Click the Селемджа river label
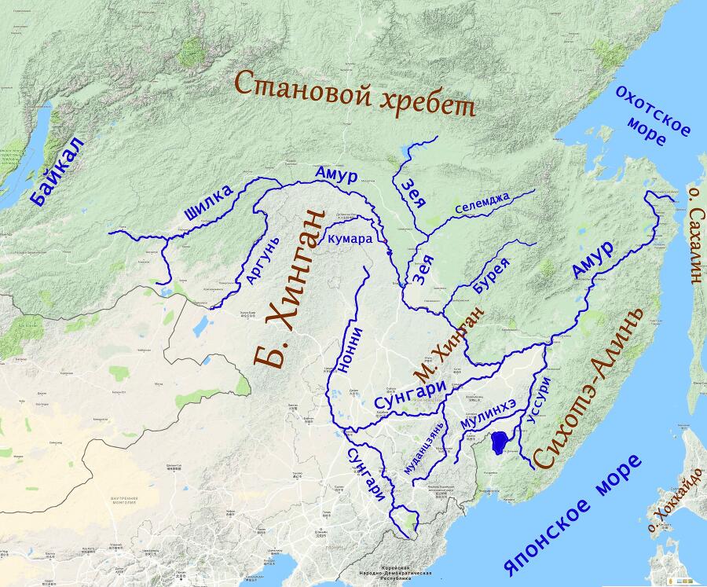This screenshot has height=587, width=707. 482,204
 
